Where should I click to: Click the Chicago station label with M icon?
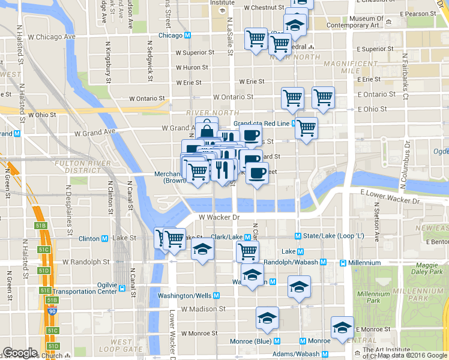(x=175, y=35)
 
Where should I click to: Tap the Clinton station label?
(x=93, y=238)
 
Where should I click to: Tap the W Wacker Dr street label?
(x=219, y=217)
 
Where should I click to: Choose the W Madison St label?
(x=203, y=309)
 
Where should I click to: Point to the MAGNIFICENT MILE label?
(x=349, y=67)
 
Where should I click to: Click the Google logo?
(x=20, y=353)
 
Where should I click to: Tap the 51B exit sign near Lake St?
(x=40, y=225)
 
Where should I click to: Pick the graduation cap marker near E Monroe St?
(x=342, y=328)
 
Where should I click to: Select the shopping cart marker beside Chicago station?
(x=256, y=39)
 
